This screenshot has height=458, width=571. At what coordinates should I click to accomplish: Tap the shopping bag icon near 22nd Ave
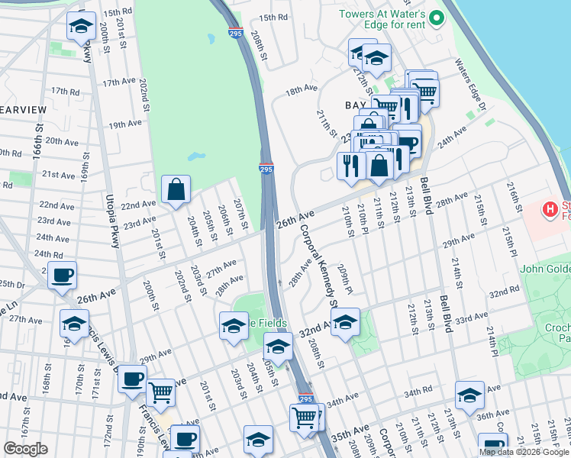pyautogui.click(x=176, y=190)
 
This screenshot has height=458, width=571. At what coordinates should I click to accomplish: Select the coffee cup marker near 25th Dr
pyautogui.click(x=62, y=276)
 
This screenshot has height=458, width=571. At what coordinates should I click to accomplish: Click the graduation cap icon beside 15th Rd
pyautogui.click(x=79, y=28)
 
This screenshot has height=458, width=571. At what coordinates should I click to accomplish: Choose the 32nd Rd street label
pyautogui.click(x=505, y=293)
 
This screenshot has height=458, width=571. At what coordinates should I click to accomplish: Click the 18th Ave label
pyautogui.click(x=301, y=89)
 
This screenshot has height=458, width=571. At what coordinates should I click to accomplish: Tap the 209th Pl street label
pyautogui.click(x=345, y=280)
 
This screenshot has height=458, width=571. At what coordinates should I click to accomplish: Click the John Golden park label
pyautogui.click(x=545, y=269)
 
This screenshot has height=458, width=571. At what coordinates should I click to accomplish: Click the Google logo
pyautogui.click(x=25, y=448)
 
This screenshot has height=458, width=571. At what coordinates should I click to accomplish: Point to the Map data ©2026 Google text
pyautogui.click(x=524, y=452)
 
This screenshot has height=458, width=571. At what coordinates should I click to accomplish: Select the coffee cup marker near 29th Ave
pyautogui.click(x=132, y=379)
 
